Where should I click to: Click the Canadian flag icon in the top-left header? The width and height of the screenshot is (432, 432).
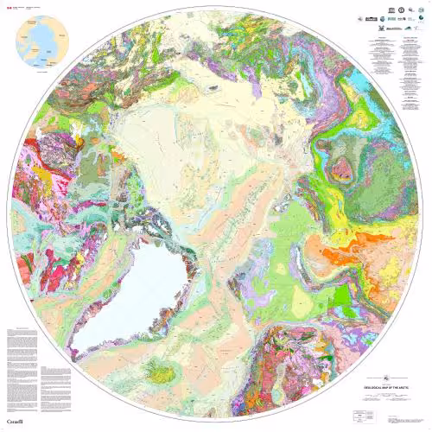click(x=9, y=6)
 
